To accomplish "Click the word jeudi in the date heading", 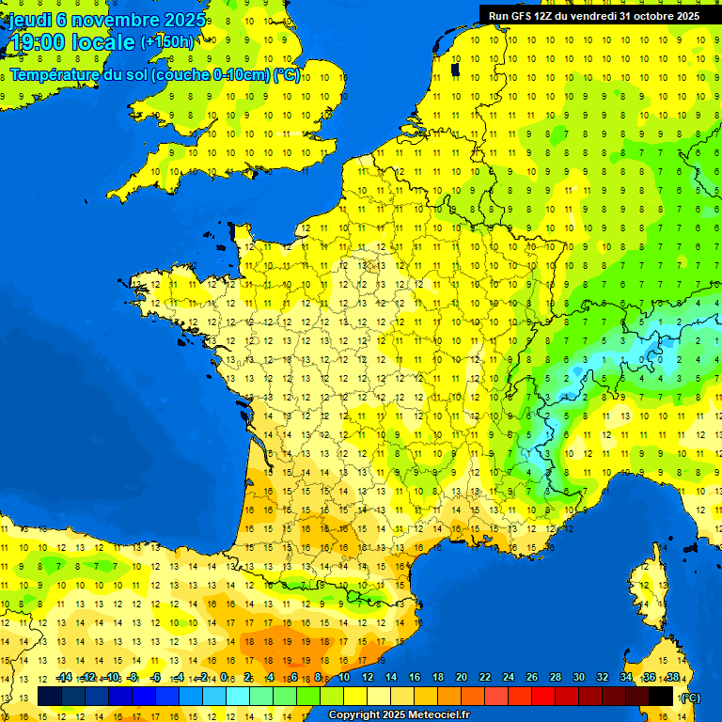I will (x=30, y=19).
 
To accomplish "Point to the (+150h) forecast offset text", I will (x=167, y=42).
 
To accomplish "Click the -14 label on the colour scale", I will (x=64, y=678).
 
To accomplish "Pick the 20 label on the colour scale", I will (x=461, y=678).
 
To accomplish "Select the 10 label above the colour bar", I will (x=343, y=678).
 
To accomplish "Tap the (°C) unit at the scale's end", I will (x=690, y=697).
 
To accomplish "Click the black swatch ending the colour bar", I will (x=660, y=696).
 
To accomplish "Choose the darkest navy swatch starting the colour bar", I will (x=50, y=696).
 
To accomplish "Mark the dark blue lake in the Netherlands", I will (x=456, y=69).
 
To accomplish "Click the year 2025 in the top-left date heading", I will (x=184, y=19).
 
